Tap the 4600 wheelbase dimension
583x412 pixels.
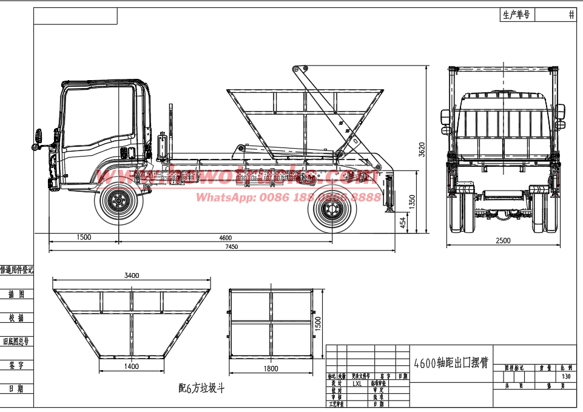click(x=225, y=237)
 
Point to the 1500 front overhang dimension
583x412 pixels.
click(x=84, y=237)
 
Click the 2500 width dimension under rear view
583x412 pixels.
click(x=503, y=241)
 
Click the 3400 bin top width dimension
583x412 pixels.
click(x=132, y=275)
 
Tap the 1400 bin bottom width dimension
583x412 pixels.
click(x=132, y=366)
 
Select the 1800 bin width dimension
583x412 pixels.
click(x=271, y=368)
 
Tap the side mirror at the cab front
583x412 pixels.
click(x=40, y=137)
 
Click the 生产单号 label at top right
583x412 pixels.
click(x=516, y=15)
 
